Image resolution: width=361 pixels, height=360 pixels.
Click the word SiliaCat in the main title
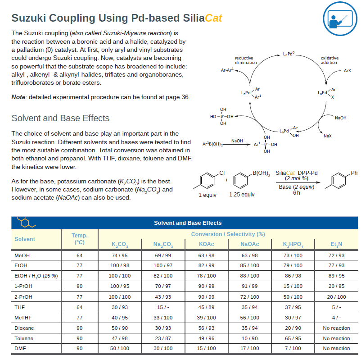point(203,18)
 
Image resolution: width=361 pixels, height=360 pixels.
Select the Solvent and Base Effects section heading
point(60,118)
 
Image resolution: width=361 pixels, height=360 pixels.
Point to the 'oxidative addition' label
point(329,60)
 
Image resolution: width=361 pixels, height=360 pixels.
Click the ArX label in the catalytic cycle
point(347,71)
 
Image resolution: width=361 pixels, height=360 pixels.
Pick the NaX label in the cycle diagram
point(328,136)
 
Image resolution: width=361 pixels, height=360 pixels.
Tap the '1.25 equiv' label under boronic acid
point(241,195)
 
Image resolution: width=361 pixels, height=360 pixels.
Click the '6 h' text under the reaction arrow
point(296,193)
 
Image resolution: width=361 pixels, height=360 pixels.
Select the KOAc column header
point(206,244)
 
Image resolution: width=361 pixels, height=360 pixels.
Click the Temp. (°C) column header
point(80,239)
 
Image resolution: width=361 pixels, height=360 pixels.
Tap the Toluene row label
point(23,338)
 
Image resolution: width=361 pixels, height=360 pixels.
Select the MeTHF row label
point(23,318)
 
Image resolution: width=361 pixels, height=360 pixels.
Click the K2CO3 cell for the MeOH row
point(120,255)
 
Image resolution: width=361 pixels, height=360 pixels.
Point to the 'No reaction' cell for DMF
point(336,348)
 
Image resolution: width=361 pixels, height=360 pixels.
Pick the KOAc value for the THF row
point(206,308)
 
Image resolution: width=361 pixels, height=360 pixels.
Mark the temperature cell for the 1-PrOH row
point(80,286)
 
